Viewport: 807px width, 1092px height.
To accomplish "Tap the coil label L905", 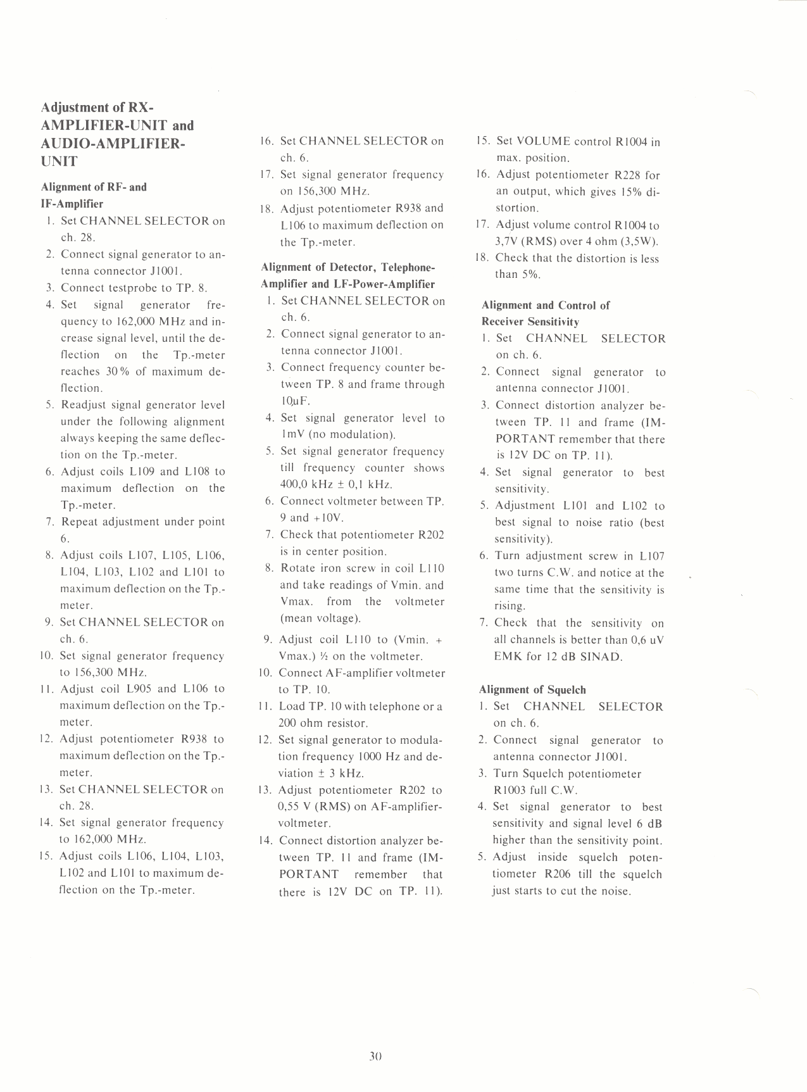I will (137, 689).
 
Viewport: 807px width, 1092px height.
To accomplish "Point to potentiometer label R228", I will (629, 175).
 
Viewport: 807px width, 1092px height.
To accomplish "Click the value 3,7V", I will (506, 241).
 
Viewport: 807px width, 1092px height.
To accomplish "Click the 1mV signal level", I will (293, 435).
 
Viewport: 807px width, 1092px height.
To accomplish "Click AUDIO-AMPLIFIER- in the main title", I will (113, 143).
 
